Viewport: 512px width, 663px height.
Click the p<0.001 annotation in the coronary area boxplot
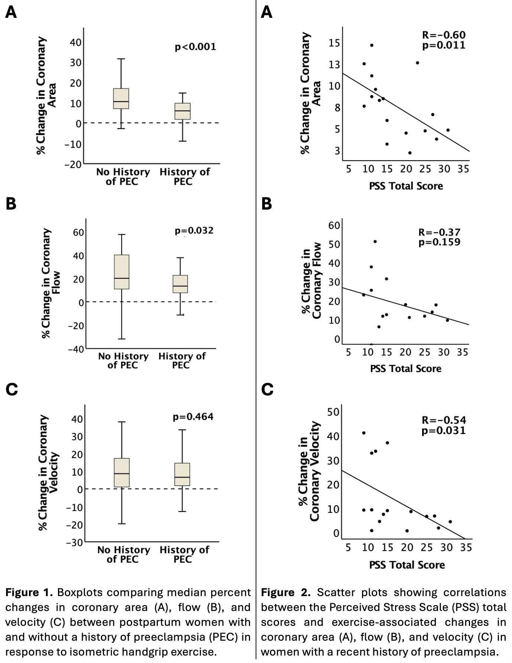(x=195, y=47)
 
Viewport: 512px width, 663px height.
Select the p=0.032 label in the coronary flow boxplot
(x=194, y=230)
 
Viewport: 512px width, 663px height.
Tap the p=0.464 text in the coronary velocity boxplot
(x=193, y=417)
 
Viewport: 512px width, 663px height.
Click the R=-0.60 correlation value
(x=444, y=35)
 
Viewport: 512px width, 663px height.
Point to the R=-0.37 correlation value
(x=439, y=232)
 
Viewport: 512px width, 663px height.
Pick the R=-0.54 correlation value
(x=444, y=420)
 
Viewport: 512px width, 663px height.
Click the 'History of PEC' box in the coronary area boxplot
(x=182, y=111)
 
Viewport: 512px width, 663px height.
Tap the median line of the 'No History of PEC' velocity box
(x=122, y=473)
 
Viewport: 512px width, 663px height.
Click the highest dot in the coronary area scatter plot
(x=372, y=45)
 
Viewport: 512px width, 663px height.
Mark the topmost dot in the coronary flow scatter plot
(x=375, y=242)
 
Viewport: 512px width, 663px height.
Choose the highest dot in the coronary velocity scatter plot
(x=364, y=433)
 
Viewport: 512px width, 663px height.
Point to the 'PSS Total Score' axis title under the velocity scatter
(x=407, y=565)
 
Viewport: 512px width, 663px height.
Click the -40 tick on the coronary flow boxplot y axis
(x=75, y=349)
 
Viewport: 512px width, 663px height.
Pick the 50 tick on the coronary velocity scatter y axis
(x=333, y=412)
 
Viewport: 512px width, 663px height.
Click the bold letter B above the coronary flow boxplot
(x=11, y=204)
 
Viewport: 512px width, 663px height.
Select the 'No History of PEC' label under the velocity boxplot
(x=123, y=554)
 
